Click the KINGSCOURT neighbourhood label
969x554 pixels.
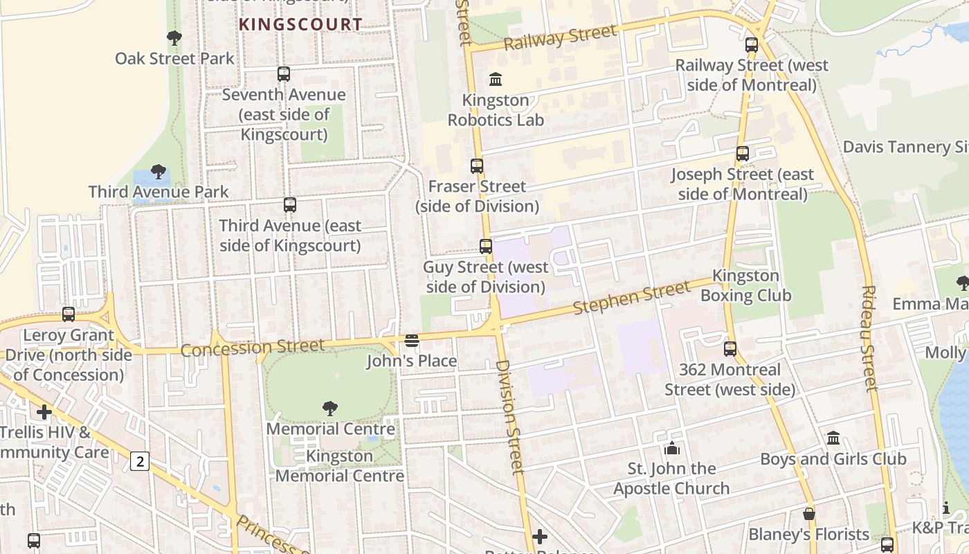pyautogui.click(x=300, y=24)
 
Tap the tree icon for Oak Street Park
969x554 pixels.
pyautogui.click(x=174, y=37)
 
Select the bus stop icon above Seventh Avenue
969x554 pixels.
pyautogui.click(x=283, y=73)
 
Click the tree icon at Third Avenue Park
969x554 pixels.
pyautogui.click(x=159, y=171)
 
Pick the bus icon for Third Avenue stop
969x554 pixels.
pyautogui.click(x=290, y=204)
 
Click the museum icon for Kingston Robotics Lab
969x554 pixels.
pyautogui.click(x=496, y=80)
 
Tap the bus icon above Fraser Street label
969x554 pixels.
pyautogui.click(x=477, y=166)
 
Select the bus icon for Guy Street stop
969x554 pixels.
pyautogui.click(x=486, y=246)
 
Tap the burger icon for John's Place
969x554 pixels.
pyautogui.click(x=412, y=340)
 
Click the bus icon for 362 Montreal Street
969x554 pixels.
pyautogui.click(x=730, y=348)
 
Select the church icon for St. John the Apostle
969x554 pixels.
pyautogui.click(x=671, y=448)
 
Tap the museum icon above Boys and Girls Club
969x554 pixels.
pyautogui.click(x=833, y=438)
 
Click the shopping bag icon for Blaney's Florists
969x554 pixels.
pyautogui.click(x=808, y=514)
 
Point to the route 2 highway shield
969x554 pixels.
pyautogui.click(x=140, y=461)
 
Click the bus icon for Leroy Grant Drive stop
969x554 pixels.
pyautogui.click(x=69, y=314)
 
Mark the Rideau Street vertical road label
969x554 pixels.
pyautogui.click(x=870, y=338)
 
